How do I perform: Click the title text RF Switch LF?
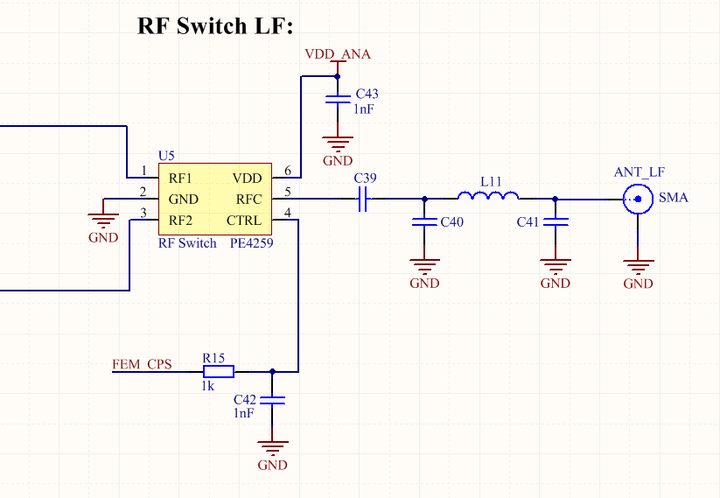213,26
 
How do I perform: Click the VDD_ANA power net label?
338,54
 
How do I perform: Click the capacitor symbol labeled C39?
365,200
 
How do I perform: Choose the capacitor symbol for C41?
555,222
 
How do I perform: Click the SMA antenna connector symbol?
639,200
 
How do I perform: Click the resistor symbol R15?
214,371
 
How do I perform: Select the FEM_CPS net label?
143,363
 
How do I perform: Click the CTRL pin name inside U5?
244,220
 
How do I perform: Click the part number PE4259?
253,243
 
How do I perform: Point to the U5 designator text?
166,156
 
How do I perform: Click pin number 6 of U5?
288,171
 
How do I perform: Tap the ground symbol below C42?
273,449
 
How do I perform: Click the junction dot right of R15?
273,371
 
